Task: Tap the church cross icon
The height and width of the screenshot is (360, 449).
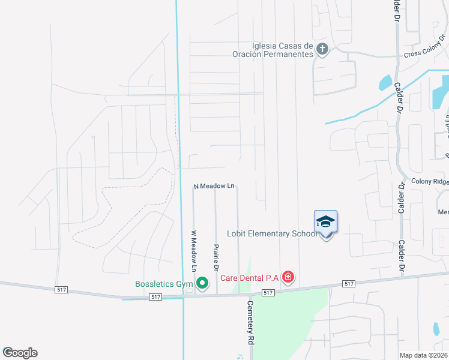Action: [322, 49]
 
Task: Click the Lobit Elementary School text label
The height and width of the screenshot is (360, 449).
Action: [272, 233]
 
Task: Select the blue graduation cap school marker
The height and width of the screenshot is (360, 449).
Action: [326, 222]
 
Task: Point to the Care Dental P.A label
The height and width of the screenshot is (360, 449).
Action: [249, 277]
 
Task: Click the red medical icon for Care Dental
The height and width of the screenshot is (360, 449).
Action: [289, 277]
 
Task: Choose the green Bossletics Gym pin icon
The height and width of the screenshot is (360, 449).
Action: [202, 282]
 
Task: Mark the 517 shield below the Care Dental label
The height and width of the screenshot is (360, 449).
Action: [268, 292]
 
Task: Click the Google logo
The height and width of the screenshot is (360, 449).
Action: [20, 353]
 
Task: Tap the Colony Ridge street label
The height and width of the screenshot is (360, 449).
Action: [430, 181]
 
